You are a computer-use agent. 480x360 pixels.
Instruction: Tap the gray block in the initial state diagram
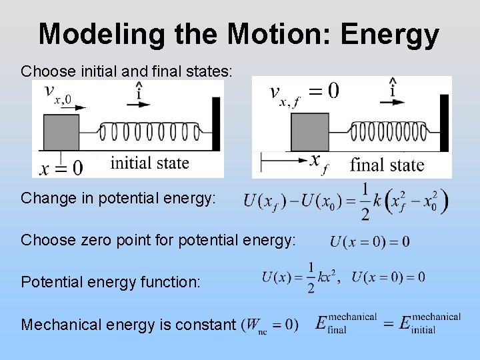tap(61, 133)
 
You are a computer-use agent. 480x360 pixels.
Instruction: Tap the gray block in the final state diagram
tap(310, 132)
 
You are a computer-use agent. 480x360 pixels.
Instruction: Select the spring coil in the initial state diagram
tap(149, 131)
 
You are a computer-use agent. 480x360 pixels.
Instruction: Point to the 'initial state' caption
tap(149, 163)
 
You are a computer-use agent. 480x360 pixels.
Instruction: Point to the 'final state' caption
tap(387, 164)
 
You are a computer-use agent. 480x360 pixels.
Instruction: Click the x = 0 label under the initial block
tap(61, 167)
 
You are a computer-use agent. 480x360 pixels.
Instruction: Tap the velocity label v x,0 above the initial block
tap(57, 95)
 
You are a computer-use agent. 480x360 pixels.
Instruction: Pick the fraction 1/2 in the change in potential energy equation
tap(365, 201)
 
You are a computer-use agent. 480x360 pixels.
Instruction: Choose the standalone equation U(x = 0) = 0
tap(369, 241)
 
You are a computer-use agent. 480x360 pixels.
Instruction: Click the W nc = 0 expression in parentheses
tap(271, 325)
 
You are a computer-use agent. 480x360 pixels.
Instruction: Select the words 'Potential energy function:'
tap(111, 282)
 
